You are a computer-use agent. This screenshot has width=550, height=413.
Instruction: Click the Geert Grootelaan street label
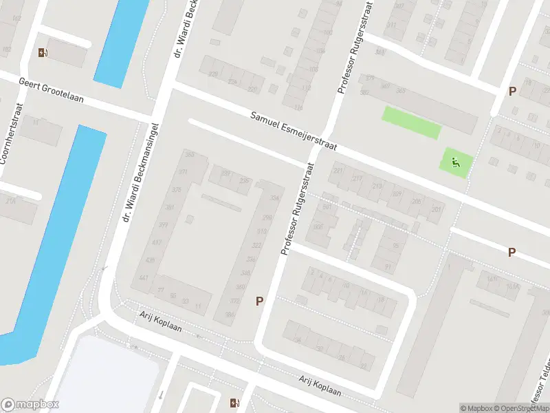(52, 90)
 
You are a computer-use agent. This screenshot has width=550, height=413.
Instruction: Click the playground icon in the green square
(456, 163)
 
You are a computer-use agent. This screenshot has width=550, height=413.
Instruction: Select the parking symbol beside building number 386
(260, 301)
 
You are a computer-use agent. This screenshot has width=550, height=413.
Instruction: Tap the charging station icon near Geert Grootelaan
(44, 52)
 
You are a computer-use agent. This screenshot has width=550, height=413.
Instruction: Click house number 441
(144, 277)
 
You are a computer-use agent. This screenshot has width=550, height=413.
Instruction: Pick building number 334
(275, 198)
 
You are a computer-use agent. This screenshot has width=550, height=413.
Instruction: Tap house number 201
(436, 209)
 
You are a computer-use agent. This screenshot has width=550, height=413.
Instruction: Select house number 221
(338, 170)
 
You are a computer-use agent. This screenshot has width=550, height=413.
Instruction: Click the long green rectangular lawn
(411, 122)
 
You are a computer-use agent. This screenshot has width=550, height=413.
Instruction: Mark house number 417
(157, 242)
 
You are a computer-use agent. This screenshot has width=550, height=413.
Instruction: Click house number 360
(241, 287)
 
